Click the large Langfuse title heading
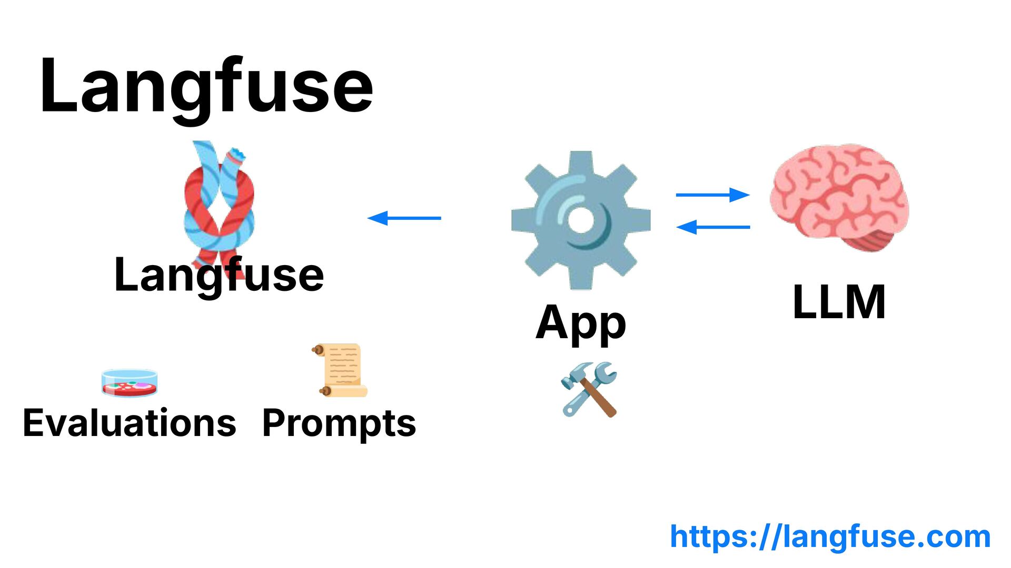(x=206, y=87)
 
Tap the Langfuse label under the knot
(x=219, y=275)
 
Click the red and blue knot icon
(x=219, y=200)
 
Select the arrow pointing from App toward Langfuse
(x=404, y=218)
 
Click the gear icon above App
(x=581, y=220)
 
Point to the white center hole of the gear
(x=581, y=220)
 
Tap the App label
(x=581, y=322)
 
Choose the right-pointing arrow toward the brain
(x=712, y=195)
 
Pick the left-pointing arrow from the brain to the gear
(x=712, y=227)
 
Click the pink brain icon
(x=838, y=195)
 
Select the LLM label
(x=839, y=302)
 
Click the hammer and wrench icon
(x=589, y=389)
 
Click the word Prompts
(x=339, y=423)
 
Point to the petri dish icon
(x=130, y=382)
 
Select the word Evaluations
(x=130, y=423)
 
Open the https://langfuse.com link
(x=830, y=536)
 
